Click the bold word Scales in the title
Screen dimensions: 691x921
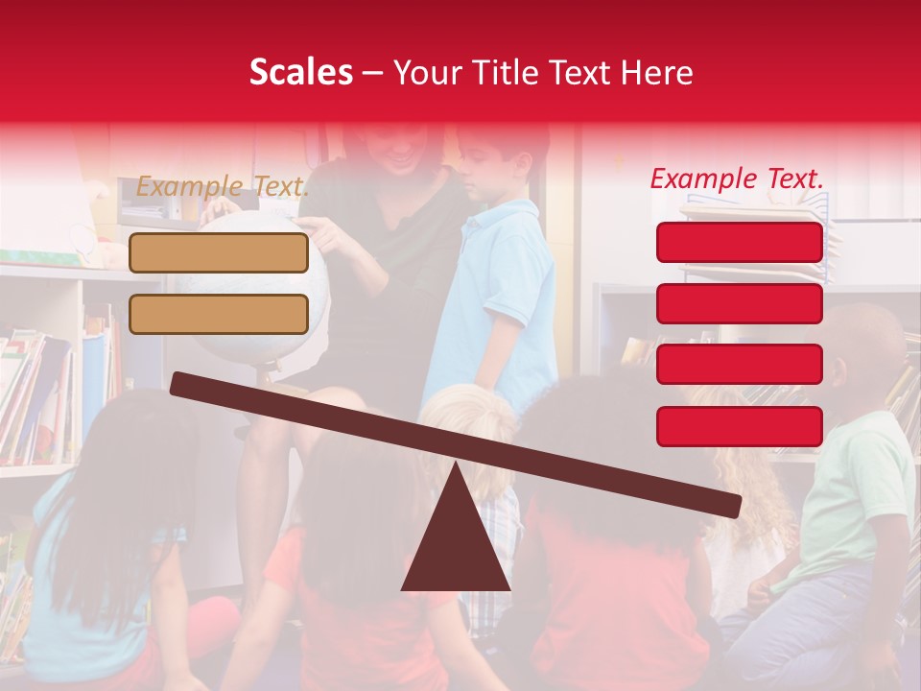tap(300, 73)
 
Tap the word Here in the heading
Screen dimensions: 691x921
tap(656, 73)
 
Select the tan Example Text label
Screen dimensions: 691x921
tap(223, 186)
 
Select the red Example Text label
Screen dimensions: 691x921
tap(737, 179)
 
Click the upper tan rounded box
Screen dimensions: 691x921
tap(219, 252)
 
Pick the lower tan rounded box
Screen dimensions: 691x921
tap(219, 314)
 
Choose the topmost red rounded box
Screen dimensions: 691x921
tap(740, 242)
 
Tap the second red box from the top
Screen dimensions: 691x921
tap(740, 303)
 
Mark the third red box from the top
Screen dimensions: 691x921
tap(740, 365)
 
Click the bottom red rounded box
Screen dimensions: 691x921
tap(740, 426)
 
